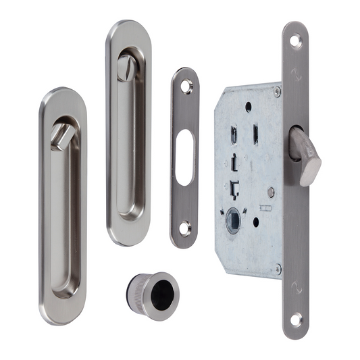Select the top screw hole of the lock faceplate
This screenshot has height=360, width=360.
coord(295,41)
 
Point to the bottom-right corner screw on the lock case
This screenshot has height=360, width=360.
coord(277,269)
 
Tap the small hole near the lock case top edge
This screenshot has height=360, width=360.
coord(249,106)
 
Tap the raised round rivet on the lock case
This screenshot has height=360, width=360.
coord(270,193)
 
